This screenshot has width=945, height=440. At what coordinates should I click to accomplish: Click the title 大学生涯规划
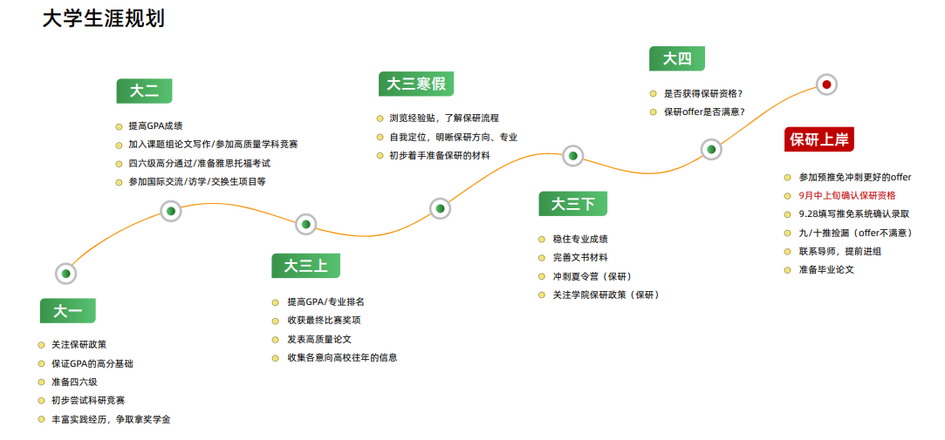104,18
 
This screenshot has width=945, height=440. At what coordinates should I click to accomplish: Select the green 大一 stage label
67,310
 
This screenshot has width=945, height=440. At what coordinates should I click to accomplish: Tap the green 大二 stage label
144,91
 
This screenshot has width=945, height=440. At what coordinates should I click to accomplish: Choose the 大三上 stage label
306,266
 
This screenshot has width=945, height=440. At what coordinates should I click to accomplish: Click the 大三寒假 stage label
416,84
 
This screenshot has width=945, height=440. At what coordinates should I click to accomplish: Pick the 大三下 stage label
572,204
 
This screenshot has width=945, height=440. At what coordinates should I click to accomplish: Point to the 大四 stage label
677,58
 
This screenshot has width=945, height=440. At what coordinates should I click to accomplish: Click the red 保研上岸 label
819,139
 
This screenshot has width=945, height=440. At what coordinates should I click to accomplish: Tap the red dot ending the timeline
826,85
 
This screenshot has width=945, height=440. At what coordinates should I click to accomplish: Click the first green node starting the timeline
65,274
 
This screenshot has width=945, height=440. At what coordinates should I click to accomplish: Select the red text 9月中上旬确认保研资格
846,196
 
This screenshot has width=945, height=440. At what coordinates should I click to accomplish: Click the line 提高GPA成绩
155,126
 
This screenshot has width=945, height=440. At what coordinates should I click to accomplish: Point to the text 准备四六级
74,382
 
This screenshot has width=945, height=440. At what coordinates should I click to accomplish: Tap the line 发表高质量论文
319,339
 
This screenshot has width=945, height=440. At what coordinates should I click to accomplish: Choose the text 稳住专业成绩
576,239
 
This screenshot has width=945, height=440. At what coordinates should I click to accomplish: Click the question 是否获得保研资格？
703,93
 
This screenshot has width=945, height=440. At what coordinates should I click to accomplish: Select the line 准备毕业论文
826,269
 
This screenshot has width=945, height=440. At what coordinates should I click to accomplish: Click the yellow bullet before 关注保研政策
42,345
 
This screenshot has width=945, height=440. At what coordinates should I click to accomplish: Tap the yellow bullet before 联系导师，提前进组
788,252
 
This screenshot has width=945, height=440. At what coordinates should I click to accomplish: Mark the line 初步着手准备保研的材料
440,155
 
